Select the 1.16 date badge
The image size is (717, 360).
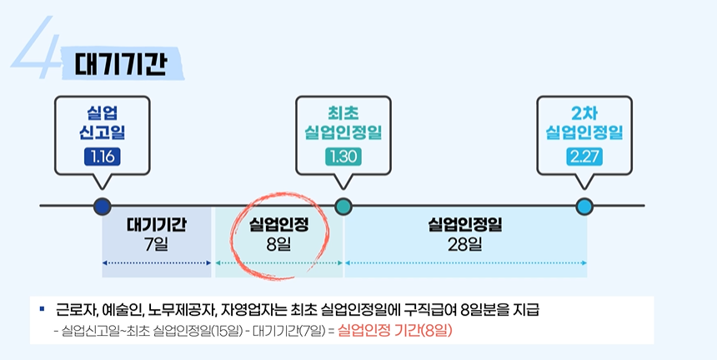[x=103, y=156]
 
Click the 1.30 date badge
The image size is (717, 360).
[x=343, y=156]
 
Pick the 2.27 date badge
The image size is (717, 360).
[x=584, y=156]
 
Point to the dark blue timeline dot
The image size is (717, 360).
[x=103, y=206]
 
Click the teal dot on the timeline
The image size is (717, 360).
[x=343, y=206]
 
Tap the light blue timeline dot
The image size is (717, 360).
[x=584, y=206]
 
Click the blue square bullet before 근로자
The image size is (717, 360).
[x=41, y=309]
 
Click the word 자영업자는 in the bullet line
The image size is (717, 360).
[x=248, y=310]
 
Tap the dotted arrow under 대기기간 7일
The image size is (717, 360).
[x=156, y=263]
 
